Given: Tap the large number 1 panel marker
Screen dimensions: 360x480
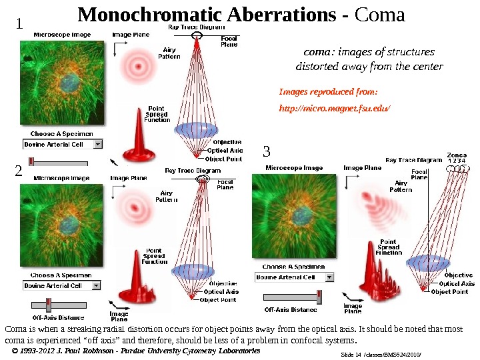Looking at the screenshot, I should pos(19,24).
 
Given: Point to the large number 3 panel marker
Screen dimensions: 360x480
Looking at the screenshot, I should pos(267,151).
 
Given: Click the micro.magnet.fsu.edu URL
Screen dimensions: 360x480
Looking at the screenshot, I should pos(334,107).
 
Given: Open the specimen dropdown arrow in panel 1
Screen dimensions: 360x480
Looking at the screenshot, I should pos(98,144).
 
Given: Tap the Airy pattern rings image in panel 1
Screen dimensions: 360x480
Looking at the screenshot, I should pos(140,67).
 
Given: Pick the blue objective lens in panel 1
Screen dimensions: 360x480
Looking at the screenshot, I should pos(200,129).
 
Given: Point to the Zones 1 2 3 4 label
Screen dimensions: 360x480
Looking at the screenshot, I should pos(457,157).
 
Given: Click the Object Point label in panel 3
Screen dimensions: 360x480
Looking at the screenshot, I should pos(449,292).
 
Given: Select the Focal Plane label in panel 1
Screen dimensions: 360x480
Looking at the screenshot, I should pos(229,41).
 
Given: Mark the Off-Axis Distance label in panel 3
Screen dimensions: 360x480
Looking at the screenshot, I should pos(291,309).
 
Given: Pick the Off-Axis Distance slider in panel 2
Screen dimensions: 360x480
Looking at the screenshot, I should pos(49,305).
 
